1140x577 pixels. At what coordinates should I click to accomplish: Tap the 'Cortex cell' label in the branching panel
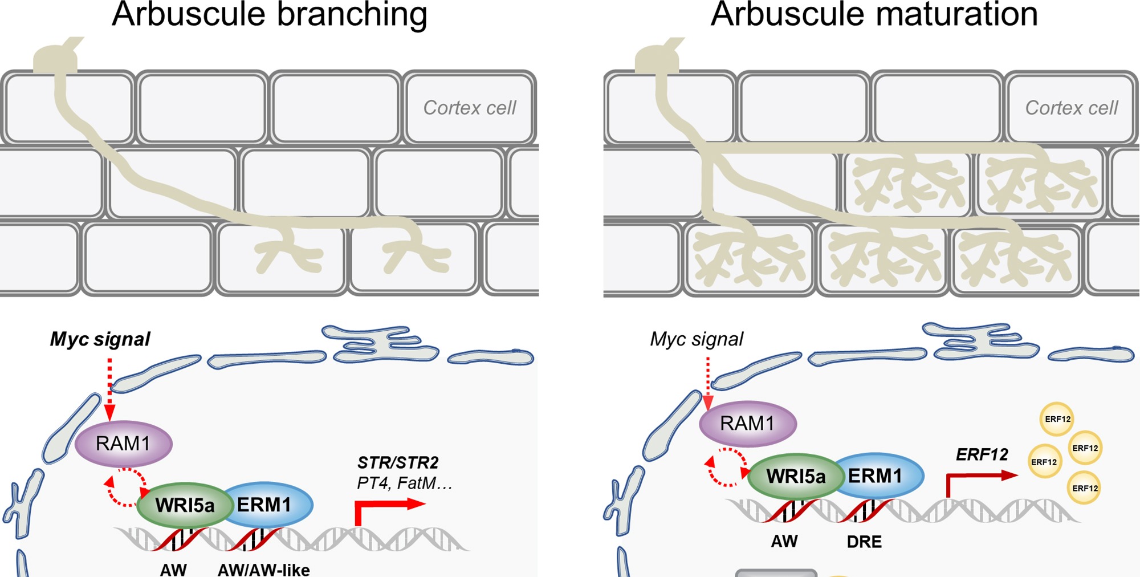click(x=470, y=108)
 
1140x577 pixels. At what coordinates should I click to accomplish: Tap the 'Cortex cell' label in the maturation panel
click(x=1072, y=108)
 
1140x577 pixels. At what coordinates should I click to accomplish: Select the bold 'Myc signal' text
click(x=100, y=339)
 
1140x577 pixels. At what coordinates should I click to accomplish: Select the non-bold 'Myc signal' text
click(x=697, y=339)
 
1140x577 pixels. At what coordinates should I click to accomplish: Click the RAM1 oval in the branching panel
click(x=123, y=444)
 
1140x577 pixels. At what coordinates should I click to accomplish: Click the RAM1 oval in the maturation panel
click(x=747, y=424)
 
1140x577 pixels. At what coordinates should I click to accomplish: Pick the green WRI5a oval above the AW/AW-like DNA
click(x=185, y=505)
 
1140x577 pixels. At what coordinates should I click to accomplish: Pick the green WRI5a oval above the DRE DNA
click(x=795, y=476)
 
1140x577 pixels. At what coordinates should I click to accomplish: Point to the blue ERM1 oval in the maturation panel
click(x=880, y=476)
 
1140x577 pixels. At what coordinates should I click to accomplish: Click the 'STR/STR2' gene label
click(x=398, y=462)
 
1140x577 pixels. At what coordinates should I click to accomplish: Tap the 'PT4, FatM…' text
click(x=404, y=483)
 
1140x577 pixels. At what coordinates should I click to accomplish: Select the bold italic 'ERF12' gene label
click(x=982, y=454)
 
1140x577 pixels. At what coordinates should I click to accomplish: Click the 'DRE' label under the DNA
click(x=864, y=542)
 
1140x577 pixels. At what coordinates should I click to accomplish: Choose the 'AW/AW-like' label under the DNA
click(x=264, y=570)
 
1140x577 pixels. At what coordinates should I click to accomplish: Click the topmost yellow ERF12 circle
click(x=1057, y=419)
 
